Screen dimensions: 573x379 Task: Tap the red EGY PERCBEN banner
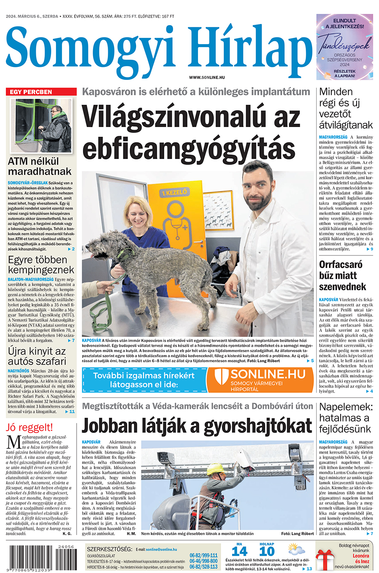41,92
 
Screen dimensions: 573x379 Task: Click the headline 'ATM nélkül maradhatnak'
40,167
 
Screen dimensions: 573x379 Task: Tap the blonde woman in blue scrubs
139,236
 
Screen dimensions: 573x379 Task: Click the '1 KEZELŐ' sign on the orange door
174,193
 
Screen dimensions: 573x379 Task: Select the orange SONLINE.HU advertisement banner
260,380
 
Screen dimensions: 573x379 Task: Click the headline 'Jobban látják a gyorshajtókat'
197,426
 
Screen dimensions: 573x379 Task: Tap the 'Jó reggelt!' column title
29,427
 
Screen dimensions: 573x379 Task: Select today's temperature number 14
240,552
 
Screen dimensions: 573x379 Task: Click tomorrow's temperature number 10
267,552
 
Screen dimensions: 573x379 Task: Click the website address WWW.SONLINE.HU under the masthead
207,77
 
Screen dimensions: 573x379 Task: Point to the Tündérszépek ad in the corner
344,47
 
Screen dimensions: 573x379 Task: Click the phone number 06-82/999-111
203,556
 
